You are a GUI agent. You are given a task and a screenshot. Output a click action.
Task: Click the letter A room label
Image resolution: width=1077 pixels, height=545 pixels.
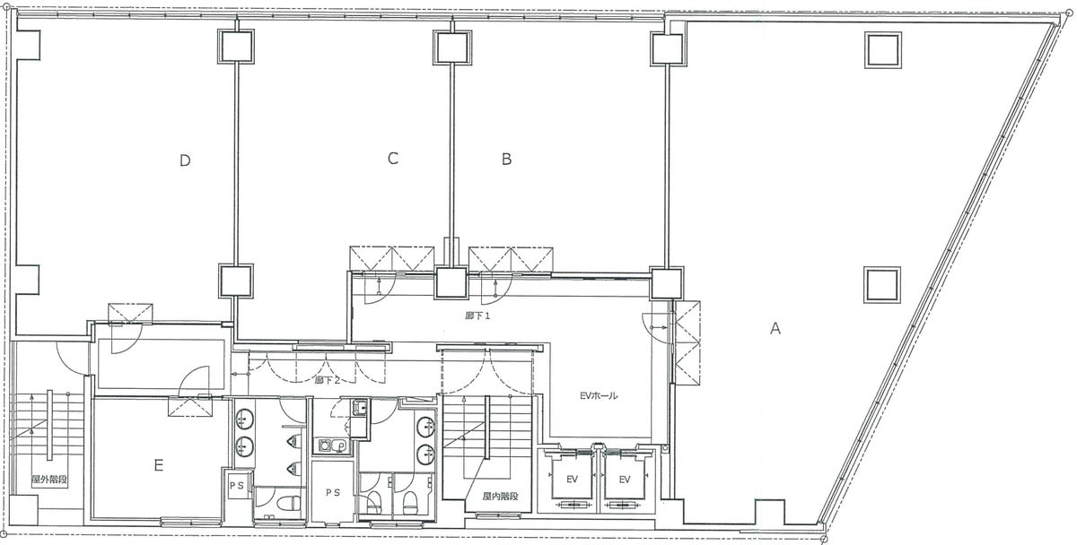[x=775, y=328]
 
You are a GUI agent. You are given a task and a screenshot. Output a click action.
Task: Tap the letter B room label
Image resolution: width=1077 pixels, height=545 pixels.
[x=506, y=159]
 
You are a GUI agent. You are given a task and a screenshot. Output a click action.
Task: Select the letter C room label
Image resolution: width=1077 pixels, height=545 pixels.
[x=393, y=159]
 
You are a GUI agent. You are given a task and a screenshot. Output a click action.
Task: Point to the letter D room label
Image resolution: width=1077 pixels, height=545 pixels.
[x=185, y=160]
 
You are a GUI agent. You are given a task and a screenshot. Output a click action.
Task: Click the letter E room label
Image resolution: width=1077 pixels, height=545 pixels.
[x=159, y=465]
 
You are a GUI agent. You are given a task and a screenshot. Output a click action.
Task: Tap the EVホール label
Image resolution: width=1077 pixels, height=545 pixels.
[x=599, y=396]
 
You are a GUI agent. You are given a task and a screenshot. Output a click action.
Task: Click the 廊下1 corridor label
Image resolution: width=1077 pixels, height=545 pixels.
[x=477, y=316]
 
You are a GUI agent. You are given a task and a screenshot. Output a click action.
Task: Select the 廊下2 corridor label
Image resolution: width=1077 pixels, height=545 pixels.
[x=328, y=380]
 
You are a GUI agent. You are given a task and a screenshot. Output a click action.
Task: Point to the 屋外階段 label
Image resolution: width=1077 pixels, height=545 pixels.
[x=49, y=480]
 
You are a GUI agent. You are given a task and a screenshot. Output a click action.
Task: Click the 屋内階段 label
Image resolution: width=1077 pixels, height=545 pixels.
[x=501, y=496]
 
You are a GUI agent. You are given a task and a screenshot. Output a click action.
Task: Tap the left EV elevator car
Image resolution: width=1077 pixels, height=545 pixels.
[x=572, y=479]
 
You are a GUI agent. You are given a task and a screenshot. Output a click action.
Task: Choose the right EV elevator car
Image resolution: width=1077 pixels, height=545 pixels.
[x=625, y=479]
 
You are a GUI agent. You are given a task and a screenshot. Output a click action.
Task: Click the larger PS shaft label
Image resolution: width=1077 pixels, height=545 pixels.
[x=333, y=492]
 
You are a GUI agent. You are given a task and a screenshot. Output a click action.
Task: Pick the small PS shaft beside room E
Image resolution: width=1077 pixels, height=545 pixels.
[x=237, y=486]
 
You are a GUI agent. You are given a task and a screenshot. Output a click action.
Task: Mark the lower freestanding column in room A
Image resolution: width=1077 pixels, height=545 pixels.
[x=882, y=285]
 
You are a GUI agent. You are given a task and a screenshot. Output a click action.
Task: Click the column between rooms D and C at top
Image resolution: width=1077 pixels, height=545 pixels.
[x=235, y=46]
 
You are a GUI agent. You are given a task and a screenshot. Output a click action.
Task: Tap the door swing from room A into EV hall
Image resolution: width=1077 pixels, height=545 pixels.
[x=655, y=327]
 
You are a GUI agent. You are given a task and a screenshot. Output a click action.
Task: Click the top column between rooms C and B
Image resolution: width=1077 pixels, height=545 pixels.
[x=451, y=47]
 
